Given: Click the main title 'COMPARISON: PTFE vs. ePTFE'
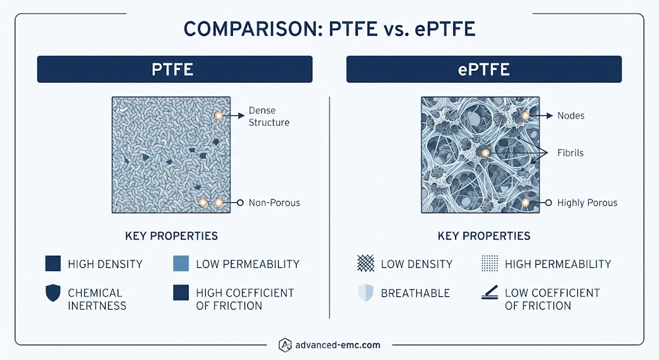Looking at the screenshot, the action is [329, 29].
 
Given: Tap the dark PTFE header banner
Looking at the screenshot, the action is [175, 70].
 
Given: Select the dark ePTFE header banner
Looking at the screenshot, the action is [484, 70].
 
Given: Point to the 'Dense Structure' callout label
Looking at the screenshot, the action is [269, 117].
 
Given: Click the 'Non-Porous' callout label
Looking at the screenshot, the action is [274, 203].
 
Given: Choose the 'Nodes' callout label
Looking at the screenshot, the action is [571, 116].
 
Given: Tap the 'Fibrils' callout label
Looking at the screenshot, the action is [570, 153].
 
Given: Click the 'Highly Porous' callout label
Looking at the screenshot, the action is [587, 203].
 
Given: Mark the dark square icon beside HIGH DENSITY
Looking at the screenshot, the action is [53, 263].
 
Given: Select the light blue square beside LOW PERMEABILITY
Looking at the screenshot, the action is [181, 263].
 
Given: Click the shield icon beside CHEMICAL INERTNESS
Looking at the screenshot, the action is [53, 293].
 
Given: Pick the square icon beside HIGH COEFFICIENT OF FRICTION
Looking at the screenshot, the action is [181, 293].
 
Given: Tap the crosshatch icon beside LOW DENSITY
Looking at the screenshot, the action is [366, 263].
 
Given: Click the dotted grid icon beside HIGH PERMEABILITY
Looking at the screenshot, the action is [490, 263].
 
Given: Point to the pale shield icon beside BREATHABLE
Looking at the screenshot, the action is [366, 293].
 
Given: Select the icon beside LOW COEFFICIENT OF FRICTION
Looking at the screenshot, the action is [490, 293].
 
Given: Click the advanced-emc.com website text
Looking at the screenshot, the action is [338, 345].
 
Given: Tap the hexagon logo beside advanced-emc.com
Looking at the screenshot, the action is [285, 345].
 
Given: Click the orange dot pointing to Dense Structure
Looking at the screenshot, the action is [219, 116].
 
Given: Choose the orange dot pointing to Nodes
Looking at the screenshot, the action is [525, 116].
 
